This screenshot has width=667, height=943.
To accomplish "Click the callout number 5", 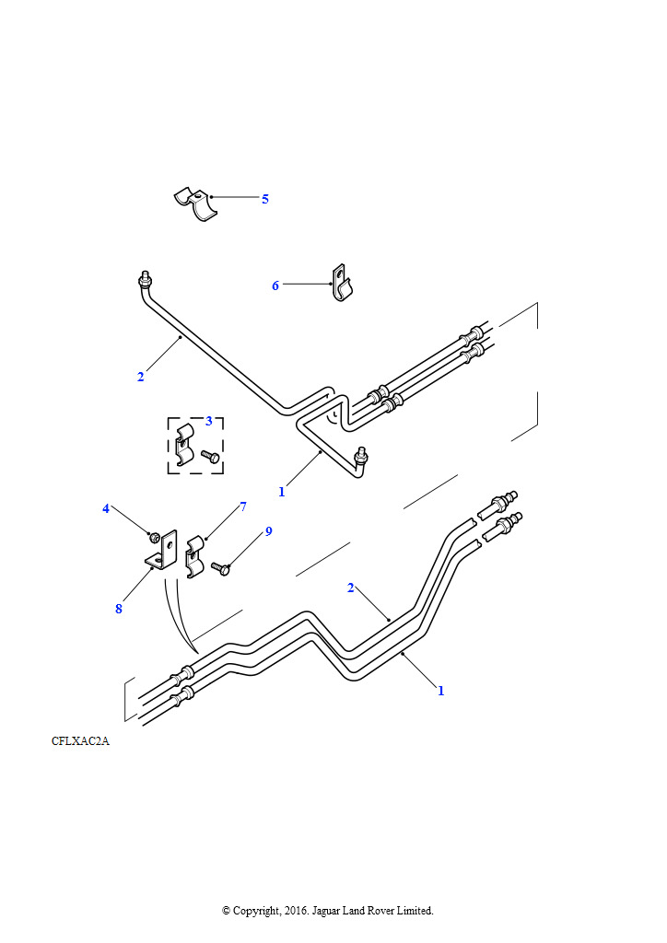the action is [x=264, y=199].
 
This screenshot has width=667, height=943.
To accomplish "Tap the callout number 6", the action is [x=275, y=285].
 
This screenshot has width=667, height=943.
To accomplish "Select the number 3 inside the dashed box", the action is [x=209, y=421].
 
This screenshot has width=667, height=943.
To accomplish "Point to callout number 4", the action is [x=106, y=508].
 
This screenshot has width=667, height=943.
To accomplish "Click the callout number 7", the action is [x=243, y=506].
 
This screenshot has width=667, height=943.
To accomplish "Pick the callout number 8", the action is [x=119, y=609].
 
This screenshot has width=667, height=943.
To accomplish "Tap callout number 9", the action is [x=268, y=531].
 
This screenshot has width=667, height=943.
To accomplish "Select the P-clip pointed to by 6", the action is [x=342, y=283].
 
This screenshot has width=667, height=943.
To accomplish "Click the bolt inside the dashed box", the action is [x=210, y=457].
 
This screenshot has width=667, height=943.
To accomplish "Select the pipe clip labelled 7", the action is [x=194, y=557].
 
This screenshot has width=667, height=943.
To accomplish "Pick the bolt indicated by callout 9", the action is [x=221, y=567].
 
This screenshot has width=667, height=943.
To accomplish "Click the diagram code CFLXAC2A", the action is [x=80, y=741].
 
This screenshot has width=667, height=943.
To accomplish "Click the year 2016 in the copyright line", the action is [x=297, y=911].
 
